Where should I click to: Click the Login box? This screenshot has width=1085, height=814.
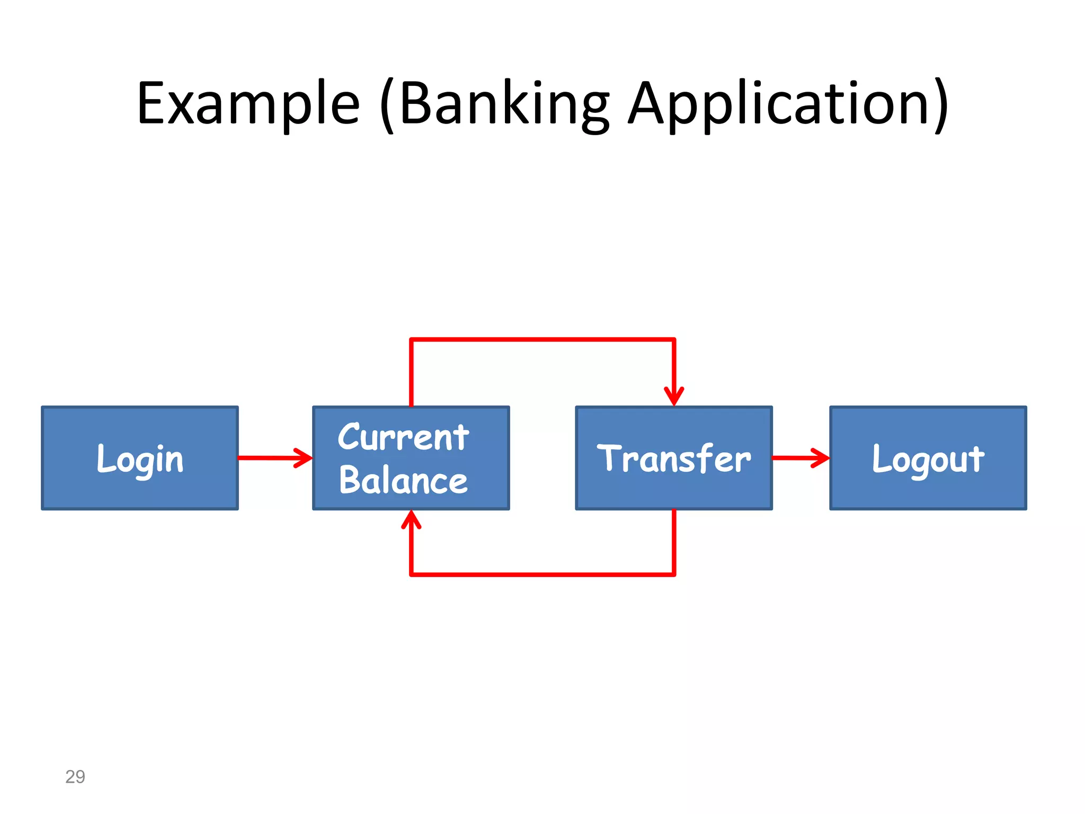pos(140,458)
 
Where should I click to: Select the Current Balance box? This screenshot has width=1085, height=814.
pos(411,458)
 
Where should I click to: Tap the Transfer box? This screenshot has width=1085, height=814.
pos(673,458)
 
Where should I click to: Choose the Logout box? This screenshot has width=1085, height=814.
pos(928,458)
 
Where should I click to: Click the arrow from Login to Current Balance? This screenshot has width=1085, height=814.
pos(274,457)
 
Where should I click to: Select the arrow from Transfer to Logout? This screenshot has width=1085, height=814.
pos(800,457)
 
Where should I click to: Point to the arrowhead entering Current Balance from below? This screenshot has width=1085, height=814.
pos(411,519)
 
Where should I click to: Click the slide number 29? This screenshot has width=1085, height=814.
pos(75,776)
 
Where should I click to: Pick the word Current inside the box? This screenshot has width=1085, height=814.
pos(403,437)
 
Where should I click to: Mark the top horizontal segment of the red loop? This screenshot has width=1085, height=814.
pos(542,340)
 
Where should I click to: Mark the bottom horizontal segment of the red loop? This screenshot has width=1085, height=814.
pos(542,574)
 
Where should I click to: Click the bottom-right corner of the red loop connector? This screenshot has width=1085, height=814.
pos(673,574)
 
